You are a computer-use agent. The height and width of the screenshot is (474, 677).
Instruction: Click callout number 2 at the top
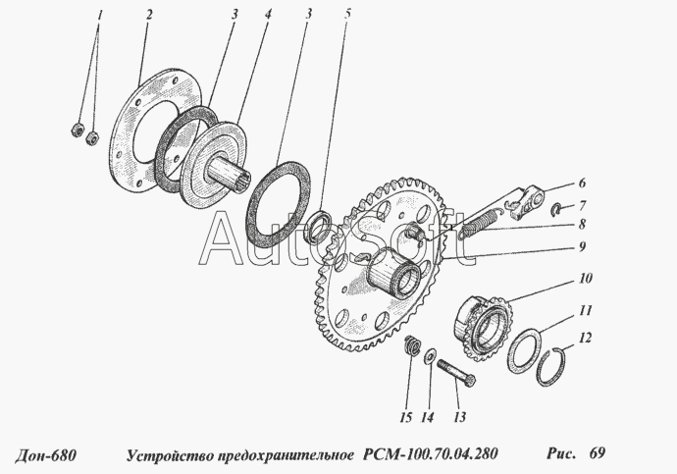(x=149, y=15)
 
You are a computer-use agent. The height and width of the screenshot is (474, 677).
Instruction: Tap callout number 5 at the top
(x=347, y=14)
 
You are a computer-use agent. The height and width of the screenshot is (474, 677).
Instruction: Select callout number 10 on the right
(x=586, y=278)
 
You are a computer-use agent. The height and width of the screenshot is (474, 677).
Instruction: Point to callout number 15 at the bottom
(x=406, y=417)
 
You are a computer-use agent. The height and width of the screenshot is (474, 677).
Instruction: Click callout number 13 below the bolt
(x=460, y=417)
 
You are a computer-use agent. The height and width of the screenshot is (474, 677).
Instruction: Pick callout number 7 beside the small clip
(x=583, y=204)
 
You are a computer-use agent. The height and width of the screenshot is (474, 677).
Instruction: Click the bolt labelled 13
(x=457, y=372)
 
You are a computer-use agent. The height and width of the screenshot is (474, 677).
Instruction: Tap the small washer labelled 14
(x=430, y=355)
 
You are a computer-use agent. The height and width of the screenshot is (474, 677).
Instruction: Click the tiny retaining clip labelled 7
(x=557, y=209)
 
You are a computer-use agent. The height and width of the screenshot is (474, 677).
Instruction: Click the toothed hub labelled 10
(x=483, y=327)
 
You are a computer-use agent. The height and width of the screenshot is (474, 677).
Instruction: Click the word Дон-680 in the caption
(x=46, y=454)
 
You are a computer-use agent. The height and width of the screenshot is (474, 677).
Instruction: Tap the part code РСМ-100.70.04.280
(x=431, y=454)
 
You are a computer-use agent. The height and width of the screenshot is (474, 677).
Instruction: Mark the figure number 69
(x=597, y=452)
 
